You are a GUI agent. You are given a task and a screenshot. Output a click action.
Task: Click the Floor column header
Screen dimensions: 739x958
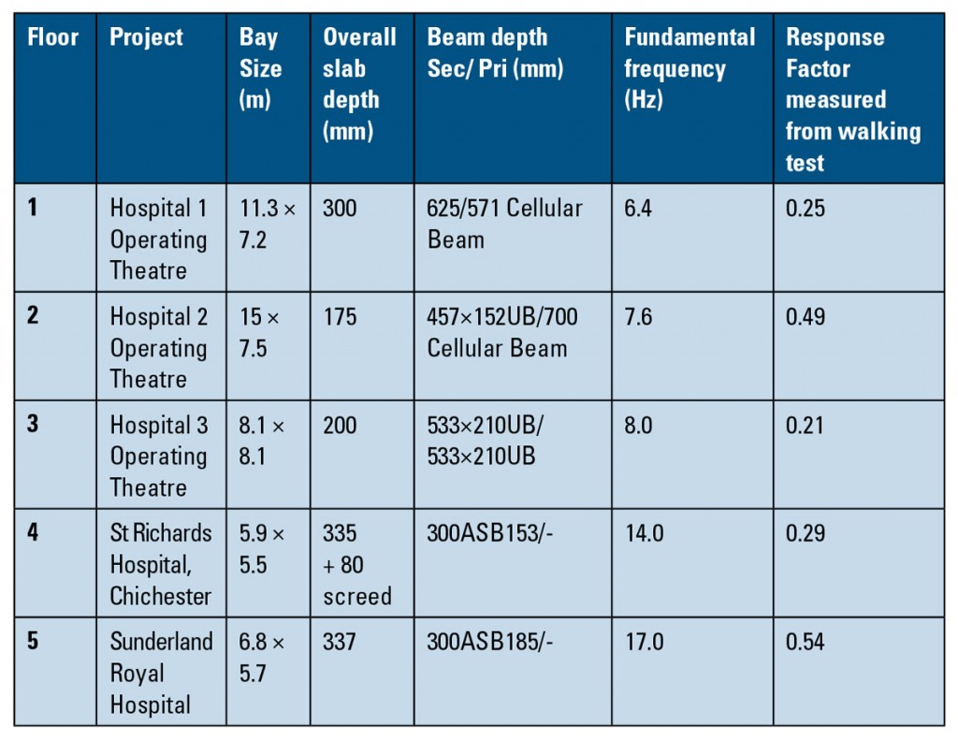(53, 38)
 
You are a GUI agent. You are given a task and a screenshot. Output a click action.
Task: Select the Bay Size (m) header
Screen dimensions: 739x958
(260, 68)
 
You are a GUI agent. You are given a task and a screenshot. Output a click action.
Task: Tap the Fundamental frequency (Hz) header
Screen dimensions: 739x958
(689, 68)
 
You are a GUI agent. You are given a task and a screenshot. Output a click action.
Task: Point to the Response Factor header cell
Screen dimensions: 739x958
(852, 99)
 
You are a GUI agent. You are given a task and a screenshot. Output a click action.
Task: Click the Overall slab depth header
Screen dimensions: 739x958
(359, 84)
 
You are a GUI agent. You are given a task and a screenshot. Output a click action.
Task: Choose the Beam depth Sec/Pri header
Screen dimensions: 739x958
(495, 53)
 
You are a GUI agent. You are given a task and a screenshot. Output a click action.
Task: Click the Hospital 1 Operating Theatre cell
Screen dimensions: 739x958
(159, 239)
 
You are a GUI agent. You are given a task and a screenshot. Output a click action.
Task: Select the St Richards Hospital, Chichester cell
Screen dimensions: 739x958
(161, 564)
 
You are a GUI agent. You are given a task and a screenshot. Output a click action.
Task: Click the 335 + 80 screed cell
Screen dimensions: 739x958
(357, 564)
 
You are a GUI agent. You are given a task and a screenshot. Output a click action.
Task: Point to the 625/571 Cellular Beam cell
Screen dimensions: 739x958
(504, 224)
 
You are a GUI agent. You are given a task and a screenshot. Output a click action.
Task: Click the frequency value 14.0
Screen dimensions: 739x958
(645, 533)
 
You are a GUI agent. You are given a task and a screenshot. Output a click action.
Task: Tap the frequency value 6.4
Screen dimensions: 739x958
(641, 208)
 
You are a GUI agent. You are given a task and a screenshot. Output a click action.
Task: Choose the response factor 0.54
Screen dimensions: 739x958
(806, 642)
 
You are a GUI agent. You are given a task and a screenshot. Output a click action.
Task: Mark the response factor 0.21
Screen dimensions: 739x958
(805, 425)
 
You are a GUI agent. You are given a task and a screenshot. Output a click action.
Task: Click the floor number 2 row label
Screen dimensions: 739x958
(34, 316)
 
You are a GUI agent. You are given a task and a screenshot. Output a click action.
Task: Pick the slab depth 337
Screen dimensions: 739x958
(340, 642)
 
